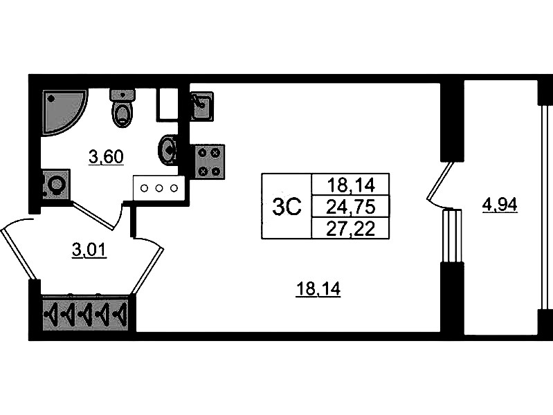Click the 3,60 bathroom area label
[x=106, y=157]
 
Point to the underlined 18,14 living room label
[x=318, y=291]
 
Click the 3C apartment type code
[x=286, y=206]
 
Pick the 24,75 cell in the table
[x=350, y=206]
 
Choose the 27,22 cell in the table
[x=350, y=228]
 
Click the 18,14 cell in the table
[x=350, y=185]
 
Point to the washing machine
[x=55, y=185]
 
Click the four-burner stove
[x=208, y=161]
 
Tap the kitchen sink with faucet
[x=201, y=106]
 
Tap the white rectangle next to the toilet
[x=167, y=104]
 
